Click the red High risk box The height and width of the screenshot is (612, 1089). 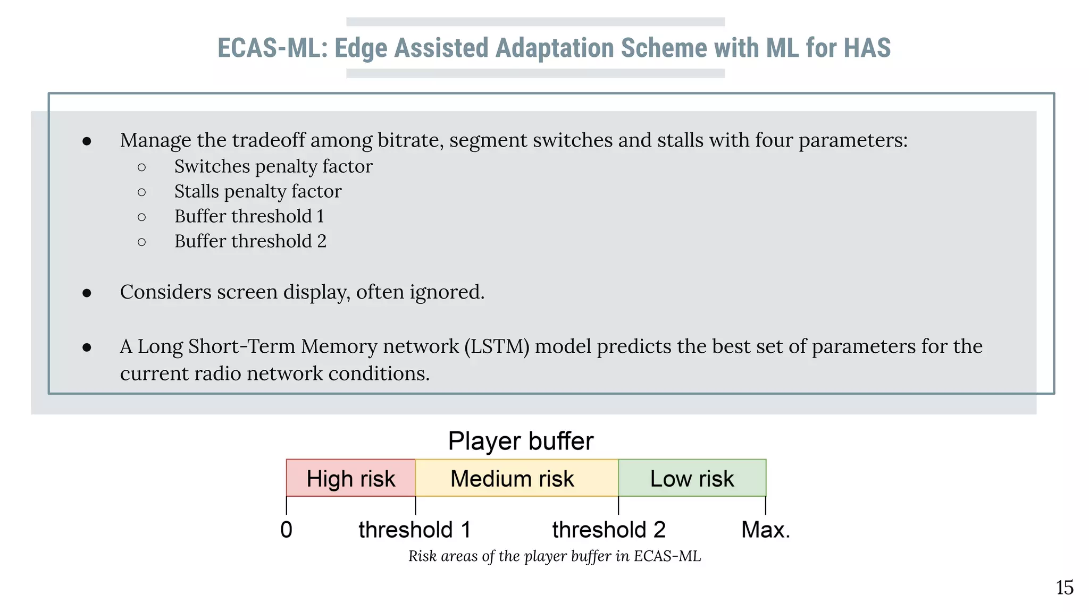(350, 478)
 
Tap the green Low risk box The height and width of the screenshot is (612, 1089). (692, 478)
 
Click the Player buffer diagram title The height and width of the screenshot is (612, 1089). (520, 441)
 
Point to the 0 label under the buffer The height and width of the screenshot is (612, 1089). (286, 530)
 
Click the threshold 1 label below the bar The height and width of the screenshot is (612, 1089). (414, 530)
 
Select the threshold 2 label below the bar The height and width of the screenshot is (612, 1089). (608, 530)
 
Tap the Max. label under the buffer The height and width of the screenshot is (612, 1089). (765, 530)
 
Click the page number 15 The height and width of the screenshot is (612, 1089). (1064, 588)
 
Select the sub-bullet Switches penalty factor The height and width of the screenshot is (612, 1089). (273, 166)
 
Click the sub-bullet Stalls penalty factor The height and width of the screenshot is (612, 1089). (257, 191)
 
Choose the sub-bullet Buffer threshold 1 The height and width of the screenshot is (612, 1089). (249, 216)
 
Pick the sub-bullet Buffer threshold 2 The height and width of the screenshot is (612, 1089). (250, 241)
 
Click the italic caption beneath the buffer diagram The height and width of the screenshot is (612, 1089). (554, 556)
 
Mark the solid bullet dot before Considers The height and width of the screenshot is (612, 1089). (87, 293)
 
